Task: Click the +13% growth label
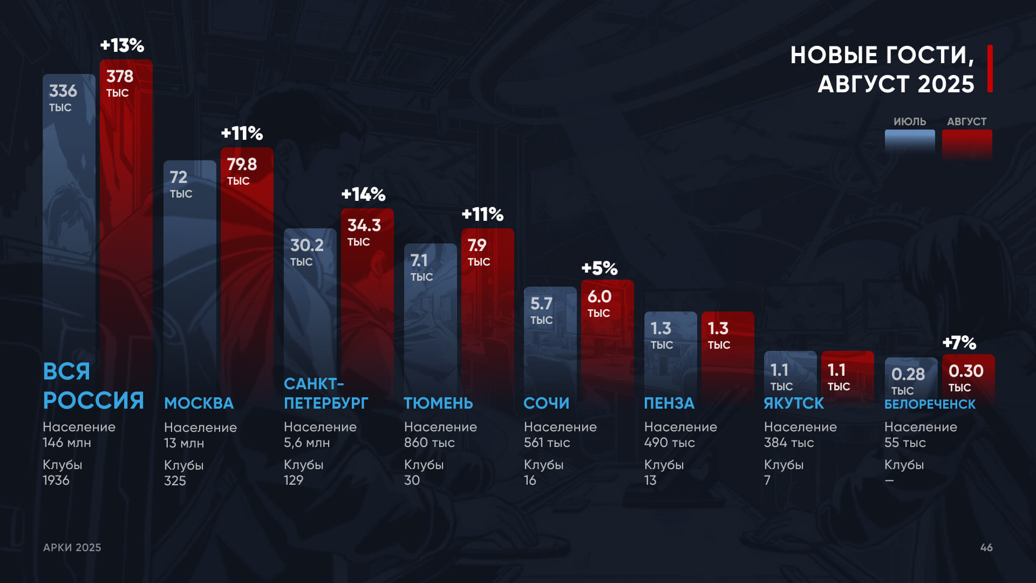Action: pos(122,45)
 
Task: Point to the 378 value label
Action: pos(120,77)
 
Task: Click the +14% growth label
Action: pos(363,194)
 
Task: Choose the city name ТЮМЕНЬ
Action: pos(438,403)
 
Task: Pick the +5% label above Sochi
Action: pos(599,268)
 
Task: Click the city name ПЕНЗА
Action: pos(669,403)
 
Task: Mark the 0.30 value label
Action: pos(966,371)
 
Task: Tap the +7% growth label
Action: pos(959,343)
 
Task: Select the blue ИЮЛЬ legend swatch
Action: pos(910,141)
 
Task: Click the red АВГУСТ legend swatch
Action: pos(967,143)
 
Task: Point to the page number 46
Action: pos(986,547)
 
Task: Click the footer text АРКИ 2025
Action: pos(72,547)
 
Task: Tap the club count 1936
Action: pos(56,480)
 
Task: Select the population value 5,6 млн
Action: pos(306,443)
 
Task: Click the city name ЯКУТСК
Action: pos(794,403)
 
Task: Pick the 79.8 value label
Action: pos(242,165)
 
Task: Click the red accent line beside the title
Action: pos(990,69)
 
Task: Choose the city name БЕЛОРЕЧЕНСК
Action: pos(930,404)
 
